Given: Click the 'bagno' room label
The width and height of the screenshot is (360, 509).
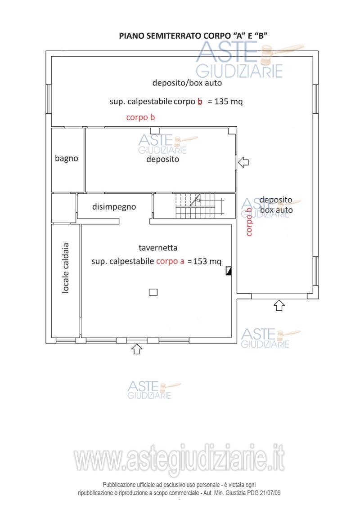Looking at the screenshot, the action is pyautogui.click(x=67, y=158).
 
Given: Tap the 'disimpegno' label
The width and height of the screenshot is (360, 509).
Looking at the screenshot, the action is pyautogui.click(x=114, y=207).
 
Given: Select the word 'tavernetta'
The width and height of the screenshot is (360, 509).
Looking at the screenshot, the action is pyautogui.click(x=158, y=248).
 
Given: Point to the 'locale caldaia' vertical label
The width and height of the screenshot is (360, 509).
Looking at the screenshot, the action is pyautogui.click(x=66, y=268).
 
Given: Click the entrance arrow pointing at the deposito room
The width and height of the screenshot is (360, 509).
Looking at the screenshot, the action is pyautogui.click(x=243, y=162).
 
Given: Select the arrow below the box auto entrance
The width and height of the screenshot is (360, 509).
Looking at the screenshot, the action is pyautogui.click(x=279, y=305).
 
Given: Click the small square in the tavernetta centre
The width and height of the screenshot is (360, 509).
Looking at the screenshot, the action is pyautogui.click(x=153, y=292).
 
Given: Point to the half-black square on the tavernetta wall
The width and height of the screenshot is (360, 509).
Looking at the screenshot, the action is pyautogui.click(x=229, y=271).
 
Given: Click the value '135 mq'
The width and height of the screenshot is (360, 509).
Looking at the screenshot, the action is pyautogui.click(x=229, y=101).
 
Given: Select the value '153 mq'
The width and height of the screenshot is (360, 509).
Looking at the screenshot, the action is pyautogui.click(x=207, y=261).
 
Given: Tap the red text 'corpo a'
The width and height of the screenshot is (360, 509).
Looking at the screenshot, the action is pyautogui.click(x=170, y=261).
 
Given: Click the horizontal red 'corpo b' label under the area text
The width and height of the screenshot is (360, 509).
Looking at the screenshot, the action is pyautogui.click(x=140, y=117).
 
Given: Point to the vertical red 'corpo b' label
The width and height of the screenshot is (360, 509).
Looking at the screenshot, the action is pyautogui.click(x=249, y=222).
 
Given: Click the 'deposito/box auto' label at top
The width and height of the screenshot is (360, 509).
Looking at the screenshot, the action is pyautogui.click(x=187, y=83).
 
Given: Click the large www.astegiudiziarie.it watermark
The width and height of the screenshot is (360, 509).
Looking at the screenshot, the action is pyautogui.click(x=180, y=460).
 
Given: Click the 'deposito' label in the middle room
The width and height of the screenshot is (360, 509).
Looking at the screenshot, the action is pyautogui.click(x=162, y=159).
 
